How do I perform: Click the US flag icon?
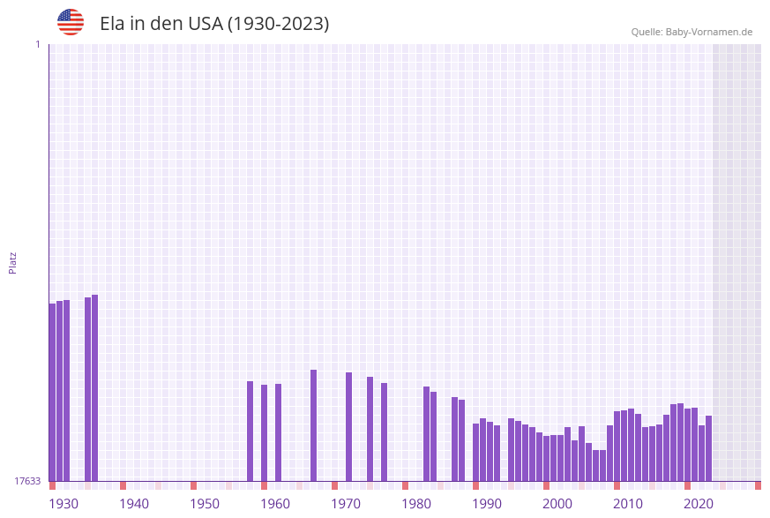[x=71, y=22]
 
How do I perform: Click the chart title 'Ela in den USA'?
[x=214, y=24]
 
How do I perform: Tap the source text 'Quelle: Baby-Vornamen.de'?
[x=692, y=32]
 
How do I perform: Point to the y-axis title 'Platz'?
[x=12, y=262]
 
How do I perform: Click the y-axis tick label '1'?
[x=37, y=44]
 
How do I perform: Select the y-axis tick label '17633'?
[x=27, y=481]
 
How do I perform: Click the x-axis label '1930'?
[x=64, y=504]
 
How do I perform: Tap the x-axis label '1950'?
[x=205, y=504]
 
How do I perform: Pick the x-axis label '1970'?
[x=346, y=504]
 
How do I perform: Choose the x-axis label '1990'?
[x=487, y=504]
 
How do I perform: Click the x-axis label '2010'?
[x=628, y=504]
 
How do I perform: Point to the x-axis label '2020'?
[x=699, y=504]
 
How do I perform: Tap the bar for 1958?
[x=250, y=431]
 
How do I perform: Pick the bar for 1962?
[x=279, y=432]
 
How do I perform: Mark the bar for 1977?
[x=385, y=432]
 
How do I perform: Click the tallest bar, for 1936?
[x=95, y=387]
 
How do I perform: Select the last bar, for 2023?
[x=709, y=448]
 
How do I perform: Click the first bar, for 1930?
[x=53, y=392]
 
